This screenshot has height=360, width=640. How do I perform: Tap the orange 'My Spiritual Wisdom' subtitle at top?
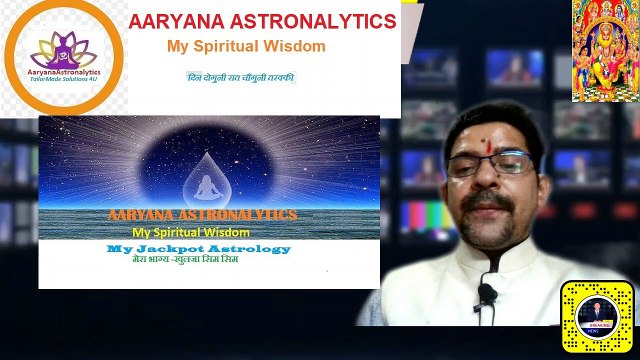pos(246,47)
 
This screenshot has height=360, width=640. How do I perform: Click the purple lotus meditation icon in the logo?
pos(63,45)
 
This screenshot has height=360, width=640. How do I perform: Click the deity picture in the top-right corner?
pos(605,50)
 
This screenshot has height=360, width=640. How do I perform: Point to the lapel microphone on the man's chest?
pos(487,294)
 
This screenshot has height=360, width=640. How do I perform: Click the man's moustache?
pos(489,200)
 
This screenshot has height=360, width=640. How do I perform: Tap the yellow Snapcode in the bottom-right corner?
pos(597,318)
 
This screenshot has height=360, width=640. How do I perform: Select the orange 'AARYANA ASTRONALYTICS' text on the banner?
pos(202,215)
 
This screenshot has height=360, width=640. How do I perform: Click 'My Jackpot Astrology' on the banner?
pos(199,248)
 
